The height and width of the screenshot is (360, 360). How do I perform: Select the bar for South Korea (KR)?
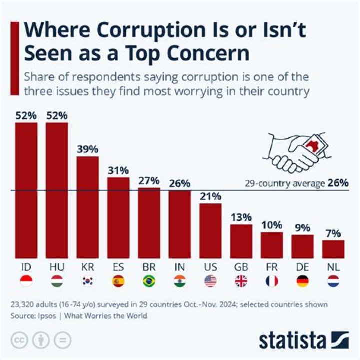pos(87,207)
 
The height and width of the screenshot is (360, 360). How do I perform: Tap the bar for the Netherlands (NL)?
pos(333,248)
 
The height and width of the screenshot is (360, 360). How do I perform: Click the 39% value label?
pos(87,149)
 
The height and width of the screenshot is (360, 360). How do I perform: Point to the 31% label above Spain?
pos(118,170)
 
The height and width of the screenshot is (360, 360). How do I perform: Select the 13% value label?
pos(241,217)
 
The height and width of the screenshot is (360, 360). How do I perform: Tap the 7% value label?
pos(333,233)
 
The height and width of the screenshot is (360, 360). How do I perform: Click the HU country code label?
pos(57,267)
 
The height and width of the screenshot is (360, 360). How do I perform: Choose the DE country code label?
pos(302,267)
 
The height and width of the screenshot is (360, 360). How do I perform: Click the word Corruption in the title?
pos(132,31)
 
